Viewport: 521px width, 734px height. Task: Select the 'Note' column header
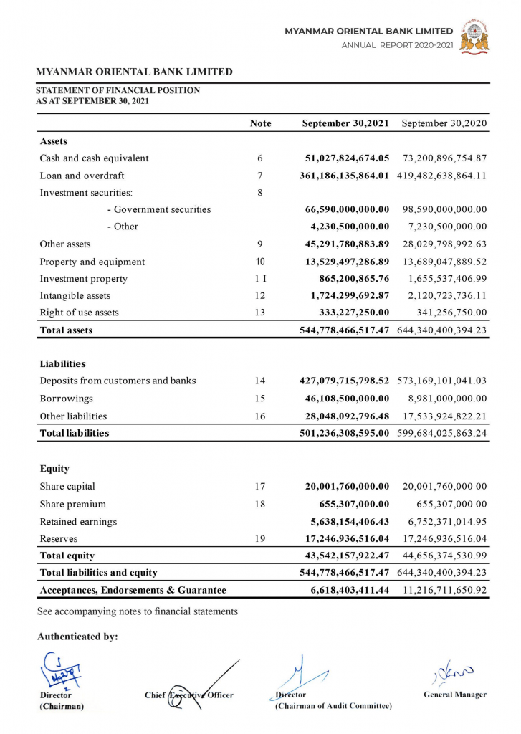pyautogui.click(x=260, y=123)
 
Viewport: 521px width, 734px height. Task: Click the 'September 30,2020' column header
pyautogui.click(x=444, y=123)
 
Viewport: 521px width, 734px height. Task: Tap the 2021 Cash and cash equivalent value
pyautogui.click(x=347, y=158)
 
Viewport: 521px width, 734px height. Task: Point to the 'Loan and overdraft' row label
pyautogui.click(x=82, y=176)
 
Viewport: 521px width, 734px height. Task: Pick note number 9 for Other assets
pyautogui.click(x=260, y=244)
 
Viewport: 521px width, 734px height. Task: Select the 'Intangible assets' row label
pyautogui.click(x=75, y=295)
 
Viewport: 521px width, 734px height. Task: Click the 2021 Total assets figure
pyautogui.click(x=344, y=330)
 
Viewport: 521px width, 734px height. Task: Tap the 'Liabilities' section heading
pyautogui.click(x=63, y=364)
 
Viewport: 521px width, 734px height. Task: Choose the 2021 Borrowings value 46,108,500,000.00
pyautogui.click(x=347, y=399)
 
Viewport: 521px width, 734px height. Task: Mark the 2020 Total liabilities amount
pyautogui.click(x=441, y=433)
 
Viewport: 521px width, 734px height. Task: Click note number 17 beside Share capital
pyautogui.click(x=260, y=487)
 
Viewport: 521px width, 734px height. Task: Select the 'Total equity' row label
pyautogui.click(x=67, y=556)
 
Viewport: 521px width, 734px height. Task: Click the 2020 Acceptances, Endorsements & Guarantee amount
pyautogui.click(x=444, y=590)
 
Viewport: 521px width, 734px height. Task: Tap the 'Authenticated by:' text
pyautogui.click(x=77, y=637)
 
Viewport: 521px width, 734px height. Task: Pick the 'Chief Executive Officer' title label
pyautogui.click(x=188, y=695)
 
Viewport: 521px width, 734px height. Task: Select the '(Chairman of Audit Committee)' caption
pyautogui.click(x=333, y=706)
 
